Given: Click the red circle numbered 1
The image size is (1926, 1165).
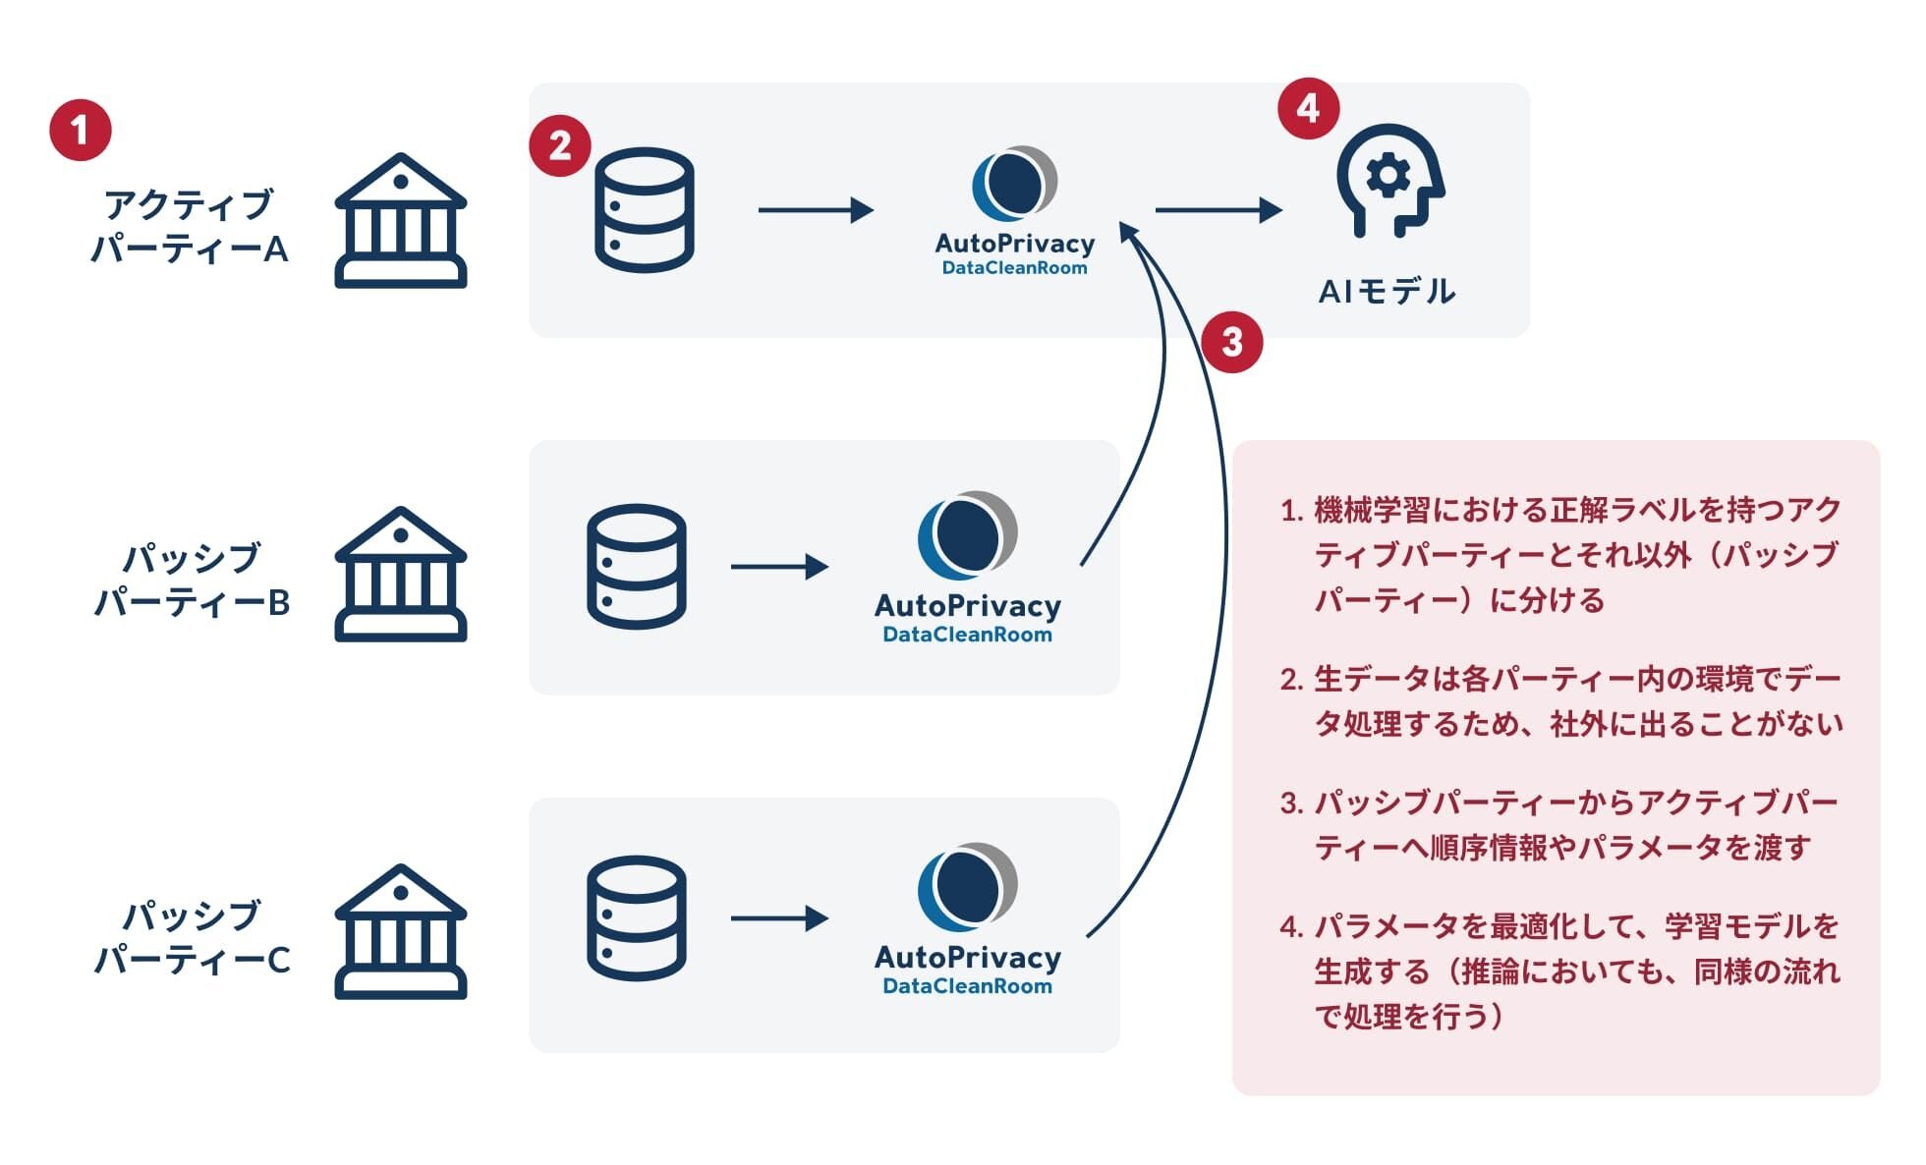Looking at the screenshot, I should pos(81,130).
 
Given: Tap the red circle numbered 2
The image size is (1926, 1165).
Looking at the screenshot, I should pos(560,146).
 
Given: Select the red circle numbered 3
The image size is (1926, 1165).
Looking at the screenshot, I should pos(1231,342).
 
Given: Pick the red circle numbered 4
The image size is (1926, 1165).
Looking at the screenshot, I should pos(1308,108).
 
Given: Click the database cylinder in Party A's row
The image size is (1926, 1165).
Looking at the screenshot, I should pos(645,209).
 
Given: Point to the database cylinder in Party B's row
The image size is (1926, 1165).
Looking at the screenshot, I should pos(636,567).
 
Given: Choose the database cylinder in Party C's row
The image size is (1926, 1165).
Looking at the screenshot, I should pos(636,918).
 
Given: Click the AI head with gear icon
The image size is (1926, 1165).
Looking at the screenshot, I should pos(1389,181).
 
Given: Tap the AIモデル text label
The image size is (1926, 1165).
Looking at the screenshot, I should pos(1386,292).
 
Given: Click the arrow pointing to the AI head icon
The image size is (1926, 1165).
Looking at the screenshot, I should pos(1218,209).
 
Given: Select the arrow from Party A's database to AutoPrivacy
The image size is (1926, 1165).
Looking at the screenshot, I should pos(816,209).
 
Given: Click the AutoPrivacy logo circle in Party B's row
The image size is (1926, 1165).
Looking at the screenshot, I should pos(967,536).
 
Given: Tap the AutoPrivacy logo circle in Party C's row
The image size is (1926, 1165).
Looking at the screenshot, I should pos(967,888).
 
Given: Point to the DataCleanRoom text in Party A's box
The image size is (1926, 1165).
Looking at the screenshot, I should pos(1014,268).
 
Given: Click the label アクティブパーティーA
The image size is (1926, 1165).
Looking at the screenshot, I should pos(189,227).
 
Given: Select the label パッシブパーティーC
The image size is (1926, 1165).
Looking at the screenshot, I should pos(192,937).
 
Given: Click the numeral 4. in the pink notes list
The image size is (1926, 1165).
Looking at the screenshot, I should pos(1291,927).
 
